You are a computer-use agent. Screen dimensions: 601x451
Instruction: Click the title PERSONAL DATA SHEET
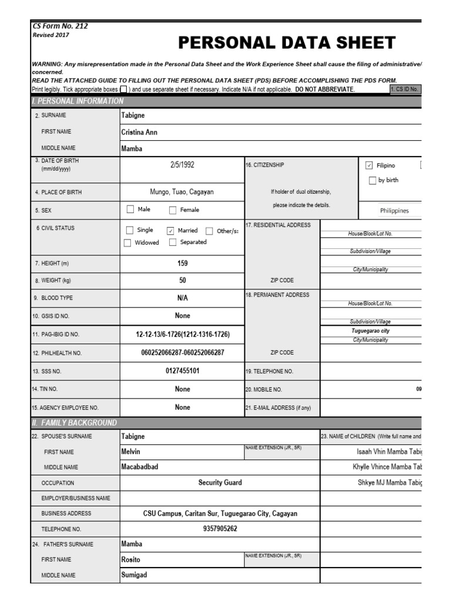point(287,43)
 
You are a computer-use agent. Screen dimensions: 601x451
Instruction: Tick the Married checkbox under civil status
point(171,231)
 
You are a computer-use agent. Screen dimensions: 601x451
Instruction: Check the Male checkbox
point(130,210)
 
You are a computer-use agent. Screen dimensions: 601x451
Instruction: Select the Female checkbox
point(173,210)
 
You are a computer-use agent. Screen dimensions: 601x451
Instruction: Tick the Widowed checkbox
point(127,242)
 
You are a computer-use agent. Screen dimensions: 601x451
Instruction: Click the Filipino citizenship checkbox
point(369,166)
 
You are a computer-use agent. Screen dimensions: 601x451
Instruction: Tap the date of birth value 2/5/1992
point(182,165)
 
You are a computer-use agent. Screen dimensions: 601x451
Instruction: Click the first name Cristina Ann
point(139,132)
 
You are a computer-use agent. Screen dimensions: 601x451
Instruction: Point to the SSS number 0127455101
point(182,371)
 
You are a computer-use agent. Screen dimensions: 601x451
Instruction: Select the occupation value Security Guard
point(220,482)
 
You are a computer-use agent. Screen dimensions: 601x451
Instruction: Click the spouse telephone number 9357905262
point(220,528)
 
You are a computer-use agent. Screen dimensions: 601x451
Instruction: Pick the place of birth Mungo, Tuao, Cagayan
point(182,191)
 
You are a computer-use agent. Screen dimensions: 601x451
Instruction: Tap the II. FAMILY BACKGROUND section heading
point(75,423)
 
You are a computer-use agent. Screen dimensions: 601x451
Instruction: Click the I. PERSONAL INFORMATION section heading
point(78,101)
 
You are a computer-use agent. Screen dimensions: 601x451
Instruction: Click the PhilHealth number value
point(182,353)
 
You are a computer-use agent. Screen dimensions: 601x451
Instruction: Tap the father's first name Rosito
point(131,559)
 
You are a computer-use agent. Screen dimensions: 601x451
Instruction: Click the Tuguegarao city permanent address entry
point(371,331)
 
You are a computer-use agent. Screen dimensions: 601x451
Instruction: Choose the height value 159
point(182,264)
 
